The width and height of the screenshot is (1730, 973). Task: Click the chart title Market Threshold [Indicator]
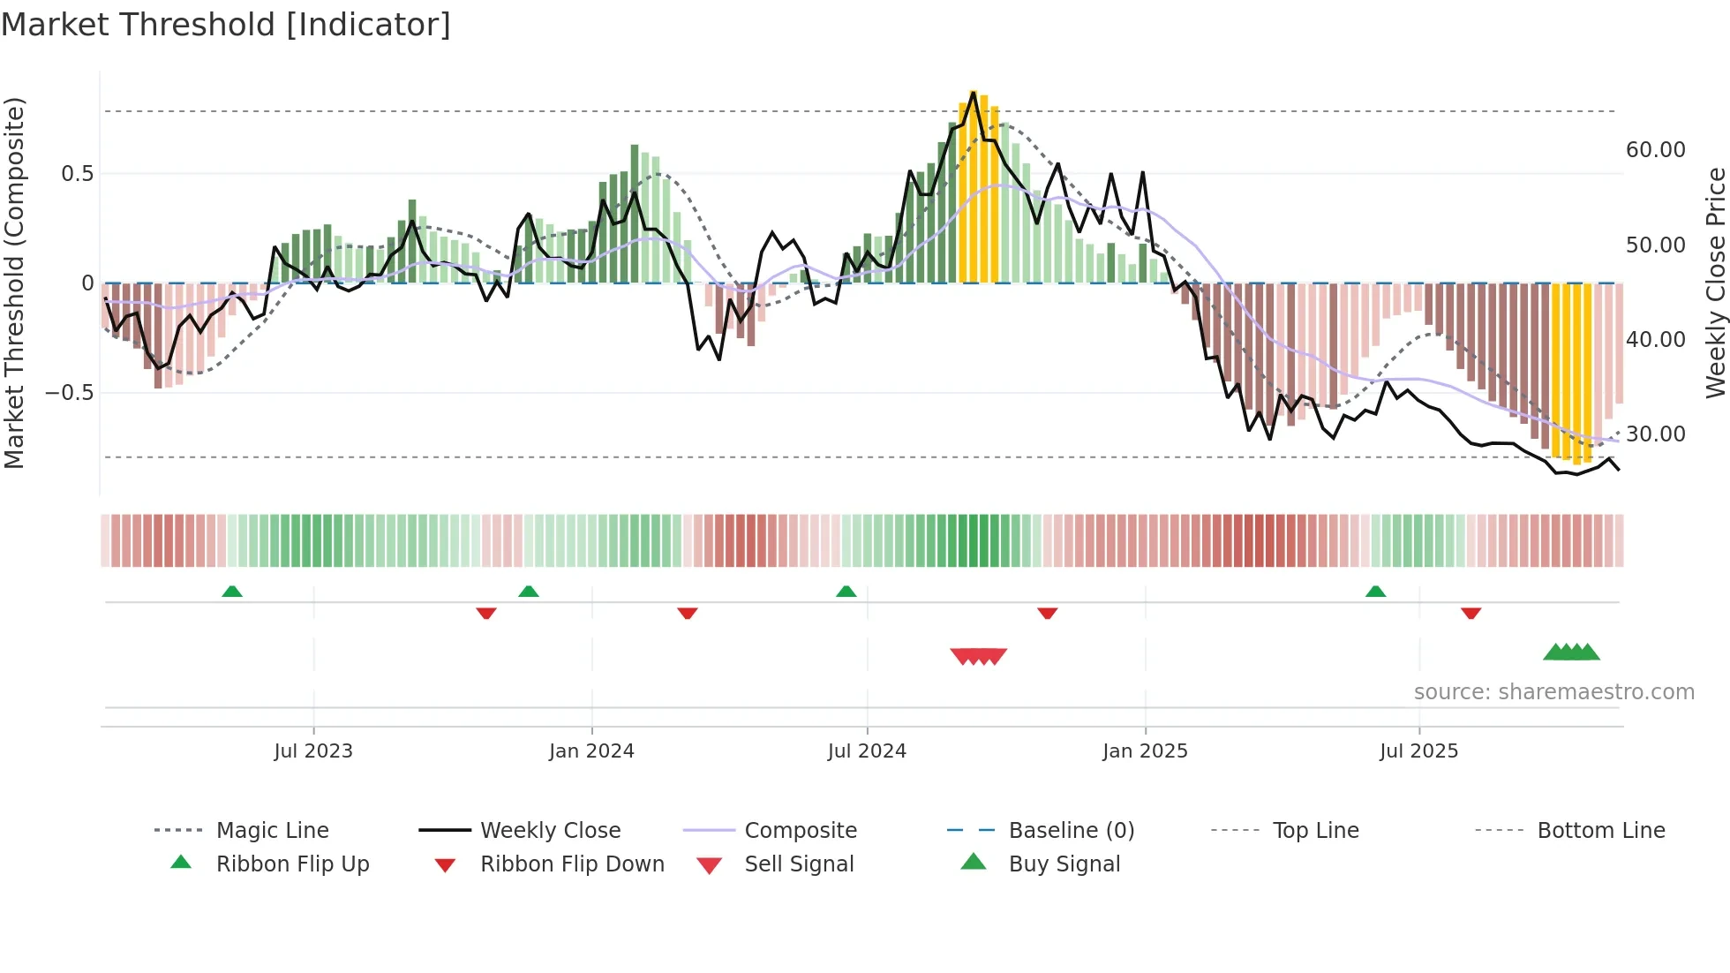tap(226, 25)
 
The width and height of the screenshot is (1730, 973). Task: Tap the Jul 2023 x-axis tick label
tap(313, 751)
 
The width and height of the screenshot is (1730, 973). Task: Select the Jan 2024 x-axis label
tap(591, 751)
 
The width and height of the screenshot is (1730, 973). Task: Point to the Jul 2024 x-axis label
tap(867, 751)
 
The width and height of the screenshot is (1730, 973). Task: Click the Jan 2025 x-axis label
tap(1145, 751)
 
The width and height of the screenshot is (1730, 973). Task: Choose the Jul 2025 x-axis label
tap(1419, 751)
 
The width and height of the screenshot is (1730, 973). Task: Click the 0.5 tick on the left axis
tap(77, 174)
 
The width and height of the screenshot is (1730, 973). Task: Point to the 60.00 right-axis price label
tap(1655, 150)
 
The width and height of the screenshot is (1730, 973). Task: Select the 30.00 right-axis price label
tap(1655, 434)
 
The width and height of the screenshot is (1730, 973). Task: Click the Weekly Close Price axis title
tap(1715, 283)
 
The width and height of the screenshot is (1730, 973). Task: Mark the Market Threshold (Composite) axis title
tap(14, 283)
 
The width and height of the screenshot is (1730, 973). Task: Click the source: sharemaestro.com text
tap(1553, 692)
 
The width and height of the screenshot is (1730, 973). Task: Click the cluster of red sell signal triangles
tap(978, 656)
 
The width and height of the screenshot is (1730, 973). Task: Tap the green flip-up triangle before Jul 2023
tap(232, 592)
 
